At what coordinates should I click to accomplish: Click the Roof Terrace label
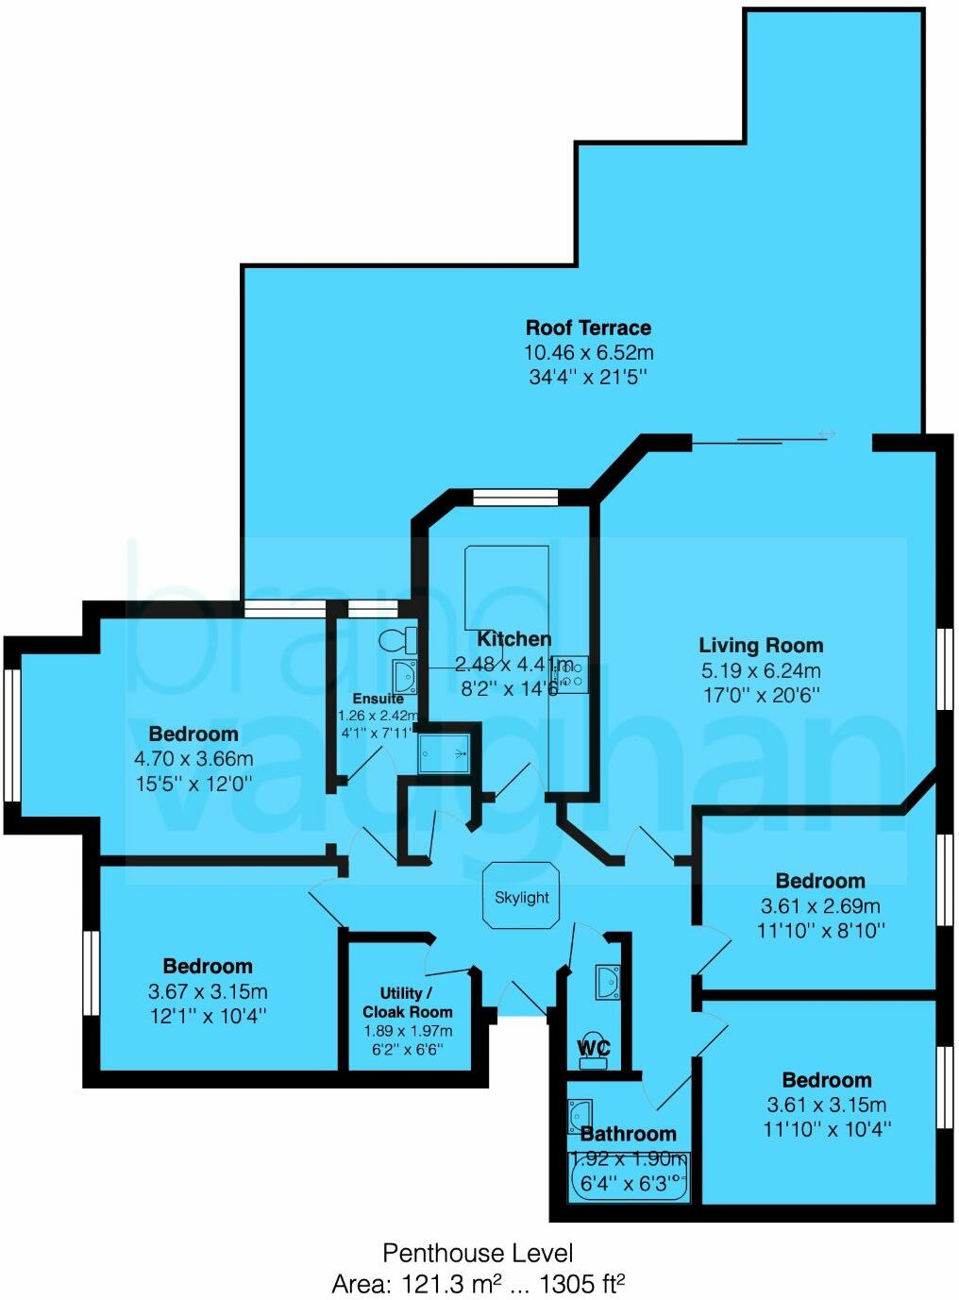588,328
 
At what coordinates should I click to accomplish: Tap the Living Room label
761,646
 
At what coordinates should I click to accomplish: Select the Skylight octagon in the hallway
521,896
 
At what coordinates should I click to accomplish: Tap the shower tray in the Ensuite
443,753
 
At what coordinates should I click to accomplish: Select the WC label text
594,1048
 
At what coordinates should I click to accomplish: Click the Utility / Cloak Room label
407,1002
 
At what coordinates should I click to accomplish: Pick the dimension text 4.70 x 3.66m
193,759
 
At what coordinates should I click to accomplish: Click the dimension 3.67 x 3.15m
208,991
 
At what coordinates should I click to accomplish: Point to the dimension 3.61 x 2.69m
820,906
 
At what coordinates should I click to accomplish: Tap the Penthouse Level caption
478,1253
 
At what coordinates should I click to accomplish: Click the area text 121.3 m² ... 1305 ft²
479,1284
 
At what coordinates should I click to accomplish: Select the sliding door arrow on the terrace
827,433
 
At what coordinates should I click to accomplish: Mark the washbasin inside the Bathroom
580,1116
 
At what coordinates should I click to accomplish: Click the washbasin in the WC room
607,982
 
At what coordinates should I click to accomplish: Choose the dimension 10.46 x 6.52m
588,353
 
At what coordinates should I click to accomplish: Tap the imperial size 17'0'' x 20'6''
761,696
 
